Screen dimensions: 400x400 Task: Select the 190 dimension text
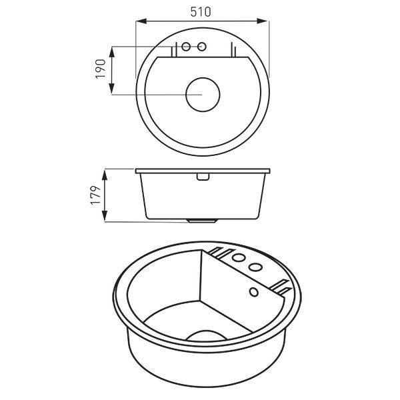click(101, 69)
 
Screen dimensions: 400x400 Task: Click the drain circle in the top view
click(202, 94)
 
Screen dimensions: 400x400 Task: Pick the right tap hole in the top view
click(202, 47)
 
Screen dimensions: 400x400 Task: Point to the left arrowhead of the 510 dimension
click(138, 21)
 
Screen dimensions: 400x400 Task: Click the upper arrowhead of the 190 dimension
click(111, 49)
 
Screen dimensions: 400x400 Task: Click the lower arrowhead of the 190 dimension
click(111, 91)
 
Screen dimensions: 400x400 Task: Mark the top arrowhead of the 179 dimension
click(105, 171)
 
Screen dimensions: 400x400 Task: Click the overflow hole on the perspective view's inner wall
click(253, 292)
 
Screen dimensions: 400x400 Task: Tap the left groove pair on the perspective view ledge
click(219, 253)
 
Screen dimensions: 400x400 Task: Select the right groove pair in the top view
click(232, 50)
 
